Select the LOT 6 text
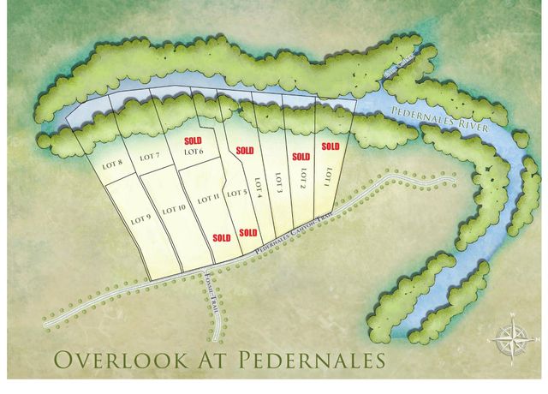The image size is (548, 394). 194,152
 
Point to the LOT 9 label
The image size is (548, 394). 141,218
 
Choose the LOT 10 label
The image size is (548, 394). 174,209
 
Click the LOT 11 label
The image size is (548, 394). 210,199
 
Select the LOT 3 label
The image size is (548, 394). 279,182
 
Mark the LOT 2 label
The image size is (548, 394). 302,178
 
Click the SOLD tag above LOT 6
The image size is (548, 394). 193,139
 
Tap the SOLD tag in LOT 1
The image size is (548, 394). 330,146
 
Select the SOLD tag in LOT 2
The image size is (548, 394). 301,157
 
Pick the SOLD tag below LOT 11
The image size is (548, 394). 221,237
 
